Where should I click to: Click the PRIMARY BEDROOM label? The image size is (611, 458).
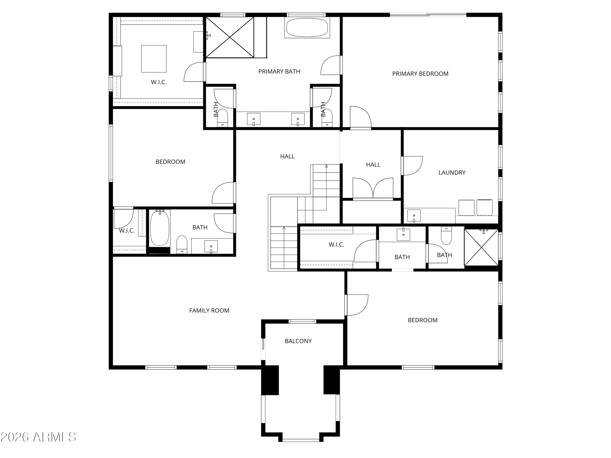pos(420,74)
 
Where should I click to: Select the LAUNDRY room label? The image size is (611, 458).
pos(452,173)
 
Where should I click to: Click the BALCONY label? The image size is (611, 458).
pos(298,341)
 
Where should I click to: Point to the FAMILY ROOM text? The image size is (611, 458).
pos(209,311)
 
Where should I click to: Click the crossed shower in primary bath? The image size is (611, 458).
pos(230,37)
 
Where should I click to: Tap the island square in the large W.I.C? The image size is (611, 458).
pos(154,59)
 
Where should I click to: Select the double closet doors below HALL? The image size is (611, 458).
pos(373,188)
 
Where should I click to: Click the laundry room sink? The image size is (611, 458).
pos(414,216)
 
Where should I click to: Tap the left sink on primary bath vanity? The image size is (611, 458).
pos(254,119)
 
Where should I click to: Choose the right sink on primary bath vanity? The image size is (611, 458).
pos(298,119)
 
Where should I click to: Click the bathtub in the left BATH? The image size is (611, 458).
pos(160,228)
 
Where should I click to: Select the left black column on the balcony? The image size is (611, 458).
pos(270,380)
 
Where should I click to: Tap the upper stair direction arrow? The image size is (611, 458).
pos(326,166)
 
